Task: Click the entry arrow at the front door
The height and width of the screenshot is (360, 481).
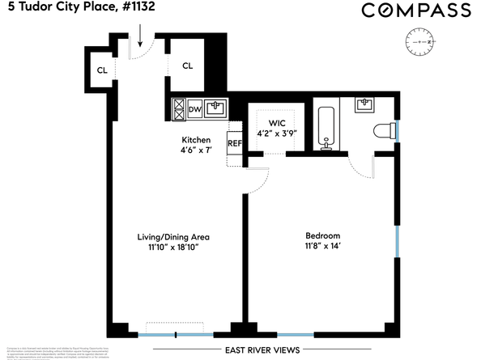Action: (x=141, y=35)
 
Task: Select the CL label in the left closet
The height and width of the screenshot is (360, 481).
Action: (x=103, y=70)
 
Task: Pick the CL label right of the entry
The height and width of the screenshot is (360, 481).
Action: (x=187, y=66)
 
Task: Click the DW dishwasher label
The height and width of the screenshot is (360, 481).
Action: (x=195, y=109)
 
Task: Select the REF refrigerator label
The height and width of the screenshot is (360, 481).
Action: (x=235, y=144)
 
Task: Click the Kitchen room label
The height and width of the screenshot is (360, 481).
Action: (x=195, y=140)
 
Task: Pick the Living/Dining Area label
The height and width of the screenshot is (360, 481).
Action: (x=173, y=236)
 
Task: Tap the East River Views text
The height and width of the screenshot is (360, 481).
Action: (x=262, y=350)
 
